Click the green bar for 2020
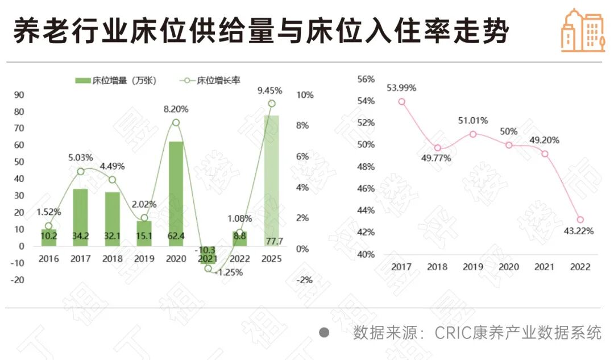click(176, 193)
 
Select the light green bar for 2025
click(271, 180)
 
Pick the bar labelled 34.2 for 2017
click(80, 217)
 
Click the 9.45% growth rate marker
click(272, 104)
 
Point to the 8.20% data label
click(176, 109)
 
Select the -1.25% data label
click(230, 272)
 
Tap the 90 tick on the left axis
click(19, 95)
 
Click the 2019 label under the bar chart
click(144, 259)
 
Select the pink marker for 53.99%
click(401, 102)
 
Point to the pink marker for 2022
click(580, 220)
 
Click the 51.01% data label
click(473, 121)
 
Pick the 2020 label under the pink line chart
click(509, 267)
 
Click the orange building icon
click(582, 31)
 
